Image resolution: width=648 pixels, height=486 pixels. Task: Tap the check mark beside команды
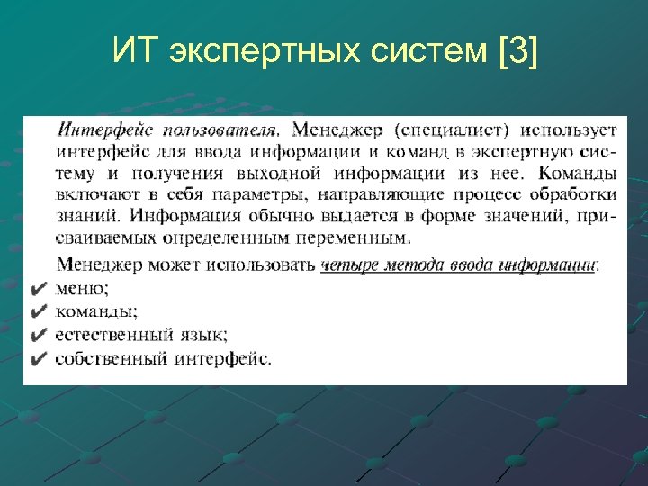pos(37,312)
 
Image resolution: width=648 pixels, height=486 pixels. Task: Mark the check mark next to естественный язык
pos(37,335)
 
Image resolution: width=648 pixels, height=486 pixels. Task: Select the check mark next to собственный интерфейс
pos(37,358)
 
